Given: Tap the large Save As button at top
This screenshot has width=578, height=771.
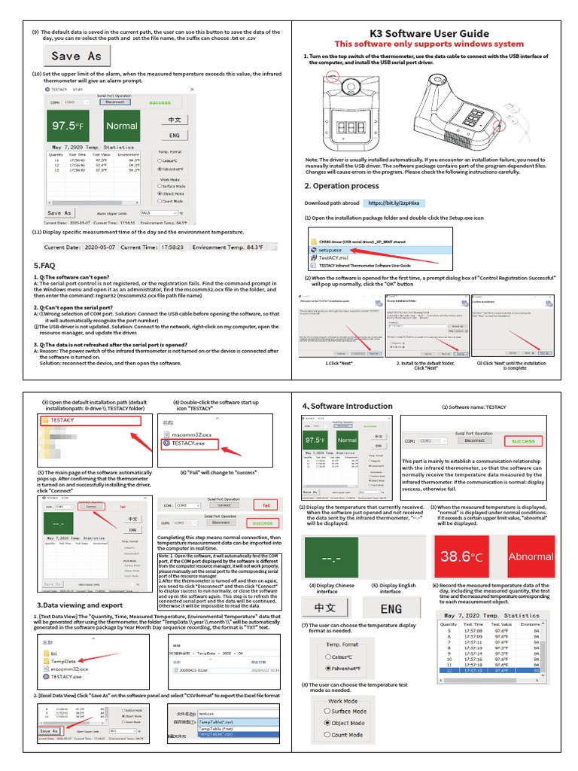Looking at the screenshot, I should point(76,56).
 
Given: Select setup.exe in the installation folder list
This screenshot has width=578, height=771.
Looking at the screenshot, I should point(331,248).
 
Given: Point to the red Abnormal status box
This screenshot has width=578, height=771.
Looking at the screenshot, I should point(531,556).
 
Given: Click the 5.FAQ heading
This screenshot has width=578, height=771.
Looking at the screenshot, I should point(44,266).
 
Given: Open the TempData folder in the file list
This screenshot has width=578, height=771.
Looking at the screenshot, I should point(62,660).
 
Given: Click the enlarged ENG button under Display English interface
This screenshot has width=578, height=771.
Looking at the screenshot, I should point(391,608).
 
